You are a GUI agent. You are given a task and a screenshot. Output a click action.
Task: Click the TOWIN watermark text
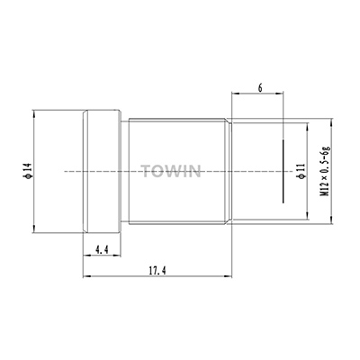coord(171,171)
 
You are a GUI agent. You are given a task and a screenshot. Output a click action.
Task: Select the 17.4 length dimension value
coord(157,271)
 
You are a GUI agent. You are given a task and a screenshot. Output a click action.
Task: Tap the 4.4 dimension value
coord(102,249)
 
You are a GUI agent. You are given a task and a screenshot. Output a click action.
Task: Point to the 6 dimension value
coord(260,88)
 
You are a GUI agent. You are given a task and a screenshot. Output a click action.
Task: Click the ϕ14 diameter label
coord(28,171)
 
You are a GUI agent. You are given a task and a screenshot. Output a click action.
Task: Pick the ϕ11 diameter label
coord(301,172)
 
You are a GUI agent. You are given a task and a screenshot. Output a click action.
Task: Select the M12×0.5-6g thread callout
coord(325,171)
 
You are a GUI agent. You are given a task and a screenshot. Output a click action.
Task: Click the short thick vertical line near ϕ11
coord(283,171)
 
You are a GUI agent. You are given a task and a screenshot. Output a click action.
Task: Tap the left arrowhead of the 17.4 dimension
coord(86,276)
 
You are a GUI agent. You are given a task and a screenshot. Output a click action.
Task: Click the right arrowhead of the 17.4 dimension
coord(228,276)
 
